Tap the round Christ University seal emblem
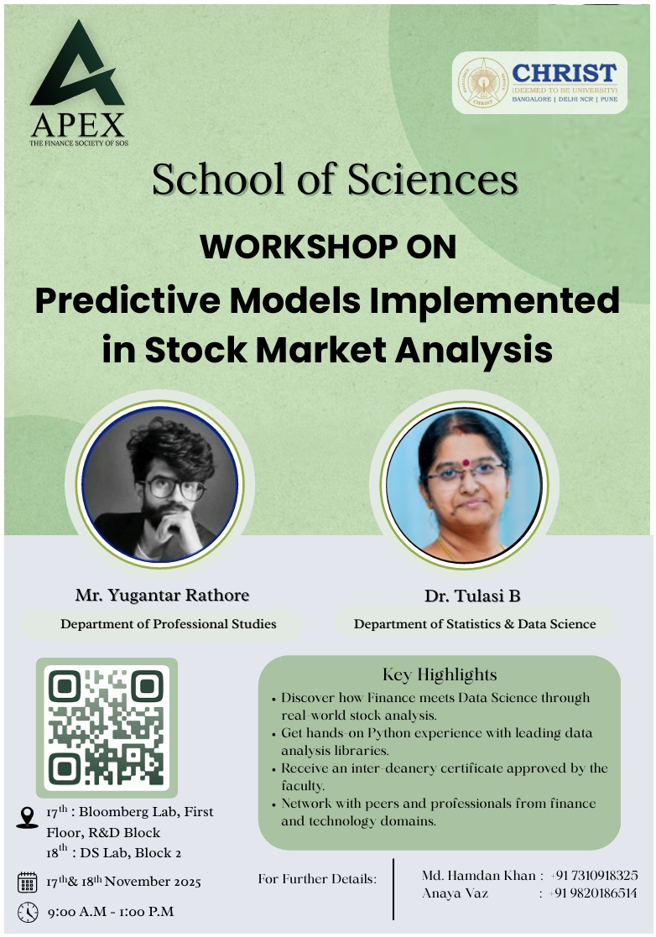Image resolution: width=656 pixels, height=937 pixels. tap(482, 82)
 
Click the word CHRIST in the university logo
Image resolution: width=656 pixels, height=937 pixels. tap(564, 73)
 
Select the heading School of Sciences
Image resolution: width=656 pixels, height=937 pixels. tap(335, 180)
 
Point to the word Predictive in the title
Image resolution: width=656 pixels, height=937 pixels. tap(128, 300)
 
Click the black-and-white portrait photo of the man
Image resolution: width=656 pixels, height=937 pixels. tap(160, 484)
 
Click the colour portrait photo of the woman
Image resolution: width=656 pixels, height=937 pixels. tap(464, 485)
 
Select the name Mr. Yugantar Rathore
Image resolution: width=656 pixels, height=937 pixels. tap(162, 596)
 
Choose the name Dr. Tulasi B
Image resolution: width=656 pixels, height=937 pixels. tap(472, 596)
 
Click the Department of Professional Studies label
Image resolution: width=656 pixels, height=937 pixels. tap(169, 624)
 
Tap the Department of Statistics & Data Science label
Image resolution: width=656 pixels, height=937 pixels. tap(475, 624)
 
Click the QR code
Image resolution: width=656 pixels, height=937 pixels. tap(107, 728)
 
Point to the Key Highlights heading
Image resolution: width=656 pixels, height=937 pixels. tap(440, 674)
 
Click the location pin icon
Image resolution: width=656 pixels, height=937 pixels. tap(27, 818)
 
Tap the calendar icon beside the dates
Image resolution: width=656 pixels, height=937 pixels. tap(28, 882)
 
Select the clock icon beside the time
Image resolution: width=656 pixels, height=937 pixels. tap(28, 912)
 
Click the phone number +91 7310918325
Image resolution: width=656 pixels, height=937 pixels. tap(594, 876)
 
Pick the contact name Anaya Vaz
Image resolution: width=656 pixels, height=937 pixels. tap(455, 894)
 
